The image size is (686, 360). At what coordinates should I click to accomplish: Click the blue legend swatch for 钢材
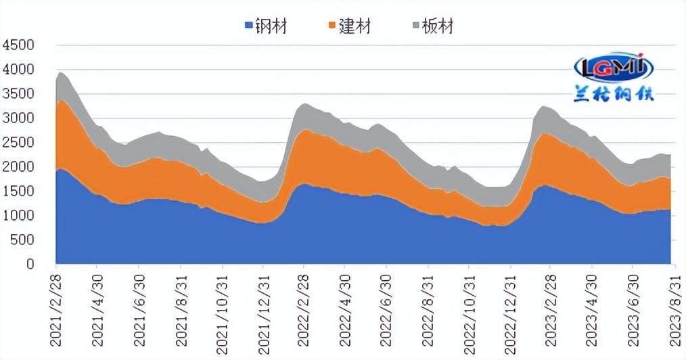click(x=248, y=26)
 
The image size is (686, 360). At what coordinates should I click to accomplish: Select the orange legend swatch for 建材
click(x=332, y=26)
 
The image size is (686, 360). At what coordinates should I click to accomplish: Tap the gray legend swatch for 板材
click(x=415, y=26)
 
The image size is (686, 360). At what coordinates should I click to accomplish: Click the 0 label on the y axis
click(x=30, y=265)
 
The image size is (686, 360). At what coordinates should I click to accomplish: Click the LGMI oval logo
click(x=614, y=67)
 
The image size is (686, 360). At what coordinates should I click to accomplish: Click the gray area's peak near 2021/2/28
click(x=60, y=72)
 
